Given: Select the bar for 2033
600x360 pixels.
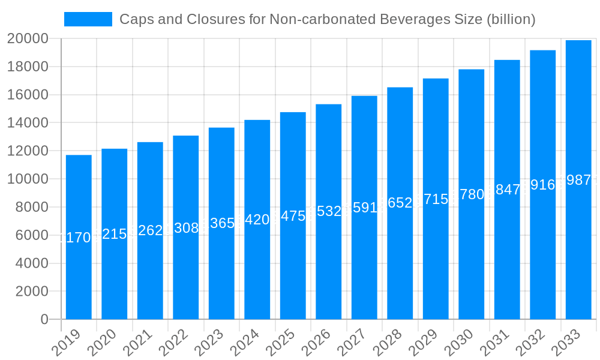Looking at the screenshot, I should point(578,180).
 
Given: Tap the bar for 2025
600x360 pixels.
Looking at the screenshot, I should point(293,216).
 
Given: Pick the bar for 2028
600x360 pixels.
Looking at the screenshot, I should point(400,203).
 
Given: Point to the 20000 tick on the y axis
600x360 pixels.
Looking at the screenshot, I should point(28,39).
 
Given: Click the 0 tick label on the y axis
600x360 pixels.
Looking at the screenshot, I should point(44,320).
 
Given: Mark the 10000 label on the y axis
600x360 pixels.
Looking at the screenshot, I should point(28,179).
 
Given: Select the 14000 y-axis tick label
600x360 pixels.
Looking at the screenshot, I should point(28,123).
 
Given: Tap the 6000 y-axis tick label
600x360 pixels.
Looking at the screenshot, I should point(31,235).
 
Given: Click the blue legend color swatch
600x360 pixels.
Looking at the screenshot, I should point(88,19).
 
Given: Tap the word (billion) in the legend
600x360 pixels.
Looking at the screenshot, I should point(510,19).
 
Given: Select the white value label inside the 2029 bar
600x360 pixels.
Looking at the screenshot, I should point(436,200).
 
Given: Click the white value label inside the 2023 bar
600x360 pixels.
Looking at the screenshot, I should point(221,223).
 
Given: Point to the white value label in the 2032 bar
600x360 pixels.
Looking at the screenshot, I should point(542,185).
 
